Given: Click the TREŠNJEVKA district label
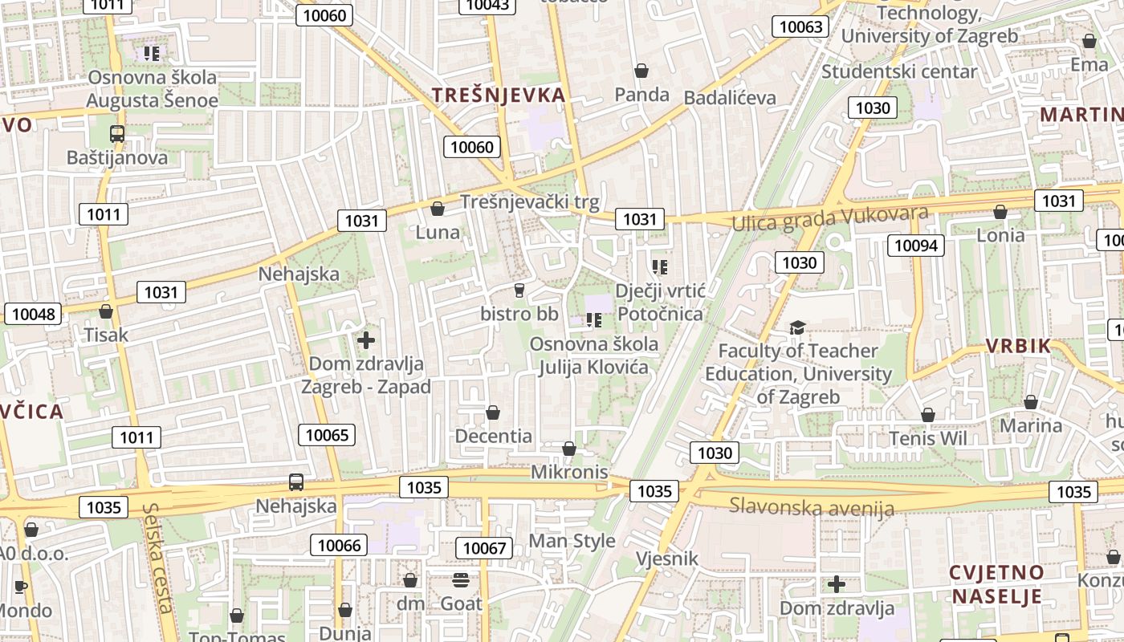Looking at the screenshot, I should pyautogui.click(x=499, y=95).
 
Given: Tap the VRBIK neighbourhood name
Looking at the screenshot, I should pyautogui.click(x=1018, y=346).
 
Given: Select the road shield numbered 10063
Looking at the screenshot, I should pyautogui.click(x=800, y=26).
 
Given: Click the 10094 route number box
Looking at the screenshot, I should pyautogui.click(x=915, y=246).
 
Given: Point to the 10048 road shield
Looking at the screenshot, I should pyautogui.click(x=32, y=314).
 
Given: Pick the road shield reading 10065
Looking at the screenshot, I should pyautogui.click(x=328, y=435).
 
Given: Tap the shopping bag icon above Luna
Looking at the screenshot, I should pyautogui.click(x=438, y=209).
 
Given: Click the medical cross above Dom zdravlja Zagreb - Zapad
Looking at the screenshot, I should pyautogui.click(x=366, y=340).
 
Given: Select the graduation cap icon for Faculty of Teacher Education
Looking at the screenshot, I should pyautogui.click(x=797, y=327).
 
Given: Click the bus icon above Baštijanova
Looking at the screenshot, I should pyautogui.click(x=117, y=134).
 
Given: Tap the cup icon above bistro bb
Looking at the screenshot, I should pyautogui.click(x=519, y=290).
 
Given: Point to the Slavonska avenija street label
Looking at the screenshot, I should pyautogui.click(x=811, y=507).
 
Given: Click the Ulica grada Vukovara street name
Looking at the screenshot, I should pyautogui.click(x=830, y=217).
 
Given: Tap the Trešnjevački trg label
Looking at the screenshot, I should pyautogui.click(x=530, y=202).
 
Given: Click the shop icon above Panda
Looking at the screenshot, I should pyautogui.click(x=641, y=71).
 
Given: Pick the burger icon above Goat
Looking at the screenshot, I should pyautogui.click(x=461, y=579).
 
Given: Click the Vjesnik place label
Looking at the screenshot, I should pyautogui.click(x=666, y=559).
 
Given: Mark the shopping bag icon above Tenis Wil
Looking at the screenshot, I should pyautogui.click(x=928, y=415).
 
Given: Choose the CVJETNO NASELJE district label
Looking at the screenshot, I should pyautogui.click(x=996, y=584).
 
